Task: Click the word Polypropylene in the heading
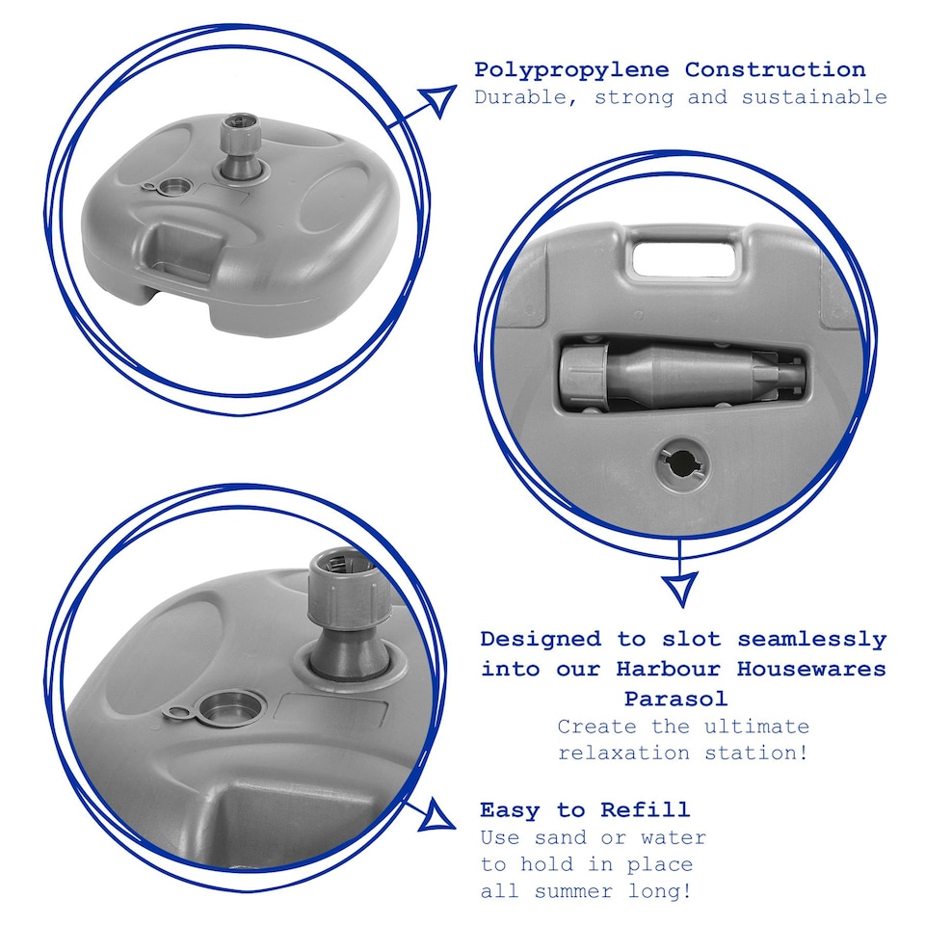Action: (571, 70)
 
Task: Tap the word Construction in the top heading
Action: (775, 69)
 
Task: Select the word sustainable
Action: (814, 96)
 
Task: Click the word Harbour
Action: (668, 669)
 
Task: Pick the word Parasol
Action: (676, 699)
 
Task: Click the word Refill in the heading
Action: (645, 809)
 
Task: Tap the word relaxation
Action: (624, 753)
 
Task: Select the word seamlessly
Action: (811, 639)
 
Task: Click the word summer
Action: (574, 890)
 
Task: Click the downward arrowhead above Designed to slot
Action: (681, 589)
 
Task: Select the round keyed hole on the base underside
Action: (682, 465)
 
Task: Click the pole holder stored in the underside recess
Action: (677, 374)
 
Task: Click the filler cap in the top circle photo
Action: (168, 188)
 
